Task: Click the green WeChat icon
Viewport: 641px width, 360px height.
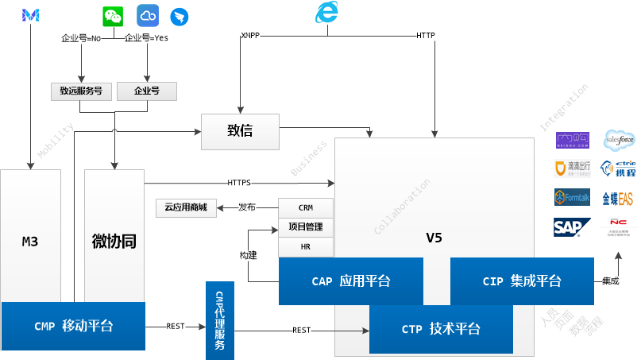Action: pos(114,16)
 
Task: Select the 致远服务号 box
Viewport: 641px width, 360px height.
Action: pos(81,91)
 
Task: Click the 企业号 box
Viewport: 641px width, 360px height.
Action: pos(147,91)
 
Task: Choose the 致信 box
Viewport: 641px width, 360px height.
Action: pos(241,131)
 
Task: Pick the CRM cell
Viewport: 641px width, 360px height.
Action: pos(306,207)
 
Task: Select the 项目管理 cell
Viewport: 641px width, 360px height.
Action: pos(306,227)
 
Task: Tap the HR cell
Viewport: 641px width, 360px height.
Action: pos(306,247)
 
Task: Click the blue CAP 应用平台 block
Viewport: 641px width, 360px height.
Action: pos(350,281)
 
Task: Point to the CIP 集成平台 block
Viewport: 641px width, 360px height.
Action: pos(521,281)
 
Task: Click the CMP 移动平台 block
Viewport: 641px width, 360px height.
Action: pos(73,326)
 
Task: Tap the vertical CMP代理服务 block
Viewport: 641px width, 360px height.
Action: pos(220,320)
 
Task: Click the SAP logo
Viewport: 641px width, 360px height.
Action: pos(572,226)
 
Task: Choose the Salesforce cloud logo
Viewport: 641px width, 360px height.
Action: pos(620,141)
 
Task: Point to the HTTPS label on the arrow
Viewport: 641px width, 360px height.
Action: pos(238,183)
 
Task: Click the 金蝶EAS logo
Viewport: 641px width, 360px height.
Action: pos(617,198)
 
